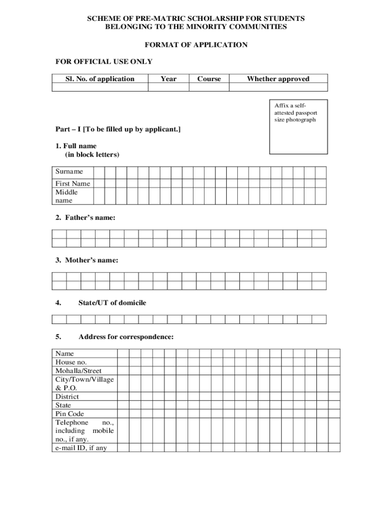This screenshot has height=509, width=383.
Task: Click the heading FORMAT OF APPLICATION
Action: point(195,45)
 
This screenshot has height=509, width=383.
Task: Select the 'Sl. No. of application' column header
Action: point(100,79)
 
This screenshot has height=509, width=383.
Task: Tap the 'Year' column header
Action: point(168,79)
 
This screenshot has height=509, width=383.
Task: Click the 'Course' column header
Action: point(209,79)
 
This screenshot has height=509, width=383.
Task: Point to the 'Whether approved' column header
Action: point(278,79)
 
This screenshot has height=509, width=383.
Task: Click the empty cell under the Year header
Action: point(168,87)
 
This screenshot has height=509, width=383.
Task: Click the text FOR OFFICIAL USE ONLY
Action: point(103,62)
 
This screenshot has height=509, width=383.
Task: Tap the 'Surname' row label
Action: point(69,171)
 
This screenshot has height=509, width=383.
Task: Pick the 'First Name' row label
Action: point(73,183)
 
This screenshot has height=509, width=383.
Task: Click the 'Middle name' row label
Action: point(67,196)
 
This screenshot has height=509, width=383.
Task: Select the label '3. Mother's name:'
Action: point(87,260)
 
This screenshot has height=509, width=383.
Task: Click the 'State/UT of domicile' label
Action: point(112,303)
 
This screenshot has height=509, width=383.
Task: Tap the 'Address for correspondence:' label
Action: point(126,337)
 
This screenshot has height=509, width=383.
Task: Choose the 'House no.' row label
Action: point(71,362)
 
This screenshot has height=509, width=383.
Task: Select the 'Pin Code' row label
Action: point(70,414)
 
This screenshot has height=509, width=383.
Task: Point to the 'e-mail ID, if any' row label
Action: point(81,448)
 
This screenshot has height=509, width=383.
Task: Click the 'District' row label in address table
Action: point(67,397)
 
